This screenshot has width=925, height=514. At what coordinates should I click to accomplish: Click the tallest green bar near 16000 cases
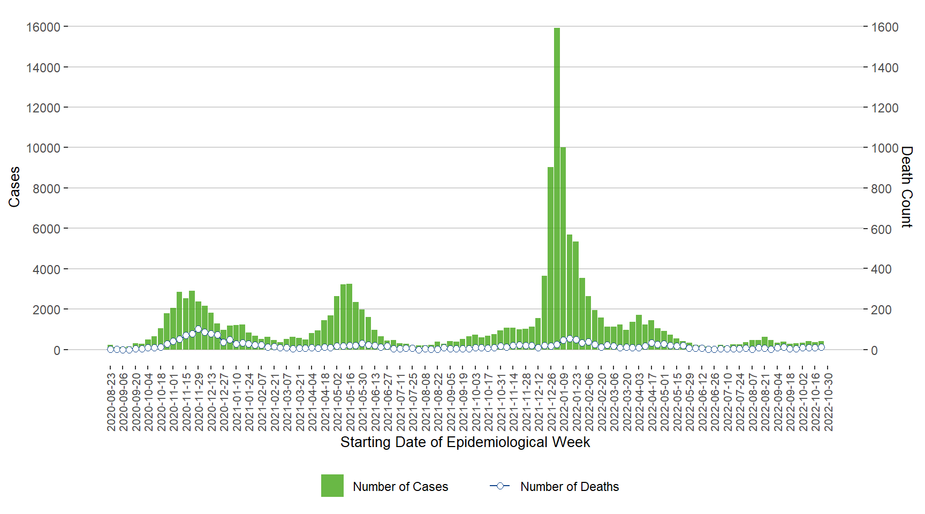click(557, 187)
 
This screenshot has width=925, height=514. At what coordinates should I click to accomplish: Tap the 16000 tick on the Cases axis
click(43, 27)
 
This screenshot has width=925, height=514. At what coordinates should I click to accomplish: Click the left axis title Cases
click(14, 187)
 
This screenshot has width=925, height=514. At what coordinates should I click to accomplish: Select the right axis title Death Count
click(906, 187)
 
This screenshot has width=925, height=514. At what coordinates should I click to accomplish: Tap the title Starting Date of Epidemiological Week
click(465, 442)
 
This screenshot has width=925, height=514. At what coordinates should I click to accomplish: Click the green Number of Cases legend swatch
click(332, 486)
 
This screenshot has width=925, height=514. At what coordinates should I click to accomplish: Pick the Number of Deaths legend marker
click(500, 486)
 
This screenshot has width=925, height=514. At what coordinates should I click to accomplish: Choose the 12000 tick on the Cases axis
click(43, 108)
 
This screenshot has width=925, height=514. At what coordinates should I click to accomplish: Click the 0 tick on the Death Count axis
click(874, 350)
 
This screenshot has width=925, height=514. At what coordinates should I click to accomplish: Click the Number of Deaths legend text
click(569, 487)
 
